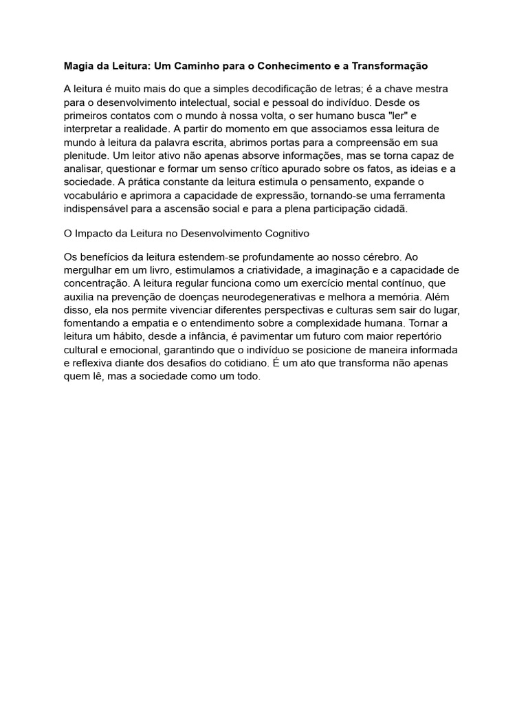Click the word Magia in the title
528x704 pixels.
click(79, 66)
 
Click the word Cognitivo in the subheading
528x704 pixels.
click(287, 234)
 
